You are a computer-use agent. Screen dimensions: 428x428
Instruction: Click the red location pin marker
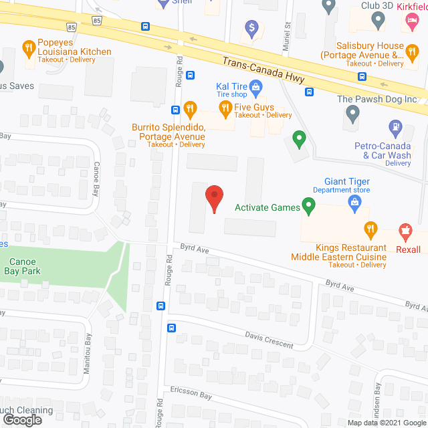click(x=213, y=199)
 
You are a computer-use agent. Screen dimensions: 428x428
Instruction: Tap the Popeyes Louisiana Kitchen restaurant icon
click(x=28, y=47)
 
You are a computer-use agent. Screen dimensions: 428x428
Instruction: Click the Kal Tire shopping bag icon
click(x=255, y=86)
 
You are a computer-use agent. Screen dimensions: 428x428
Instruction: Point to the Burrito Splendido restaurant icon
click(x=190, y=109)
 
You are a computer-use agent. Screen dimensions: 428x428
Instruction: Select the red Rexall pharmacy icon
click(x=405, y=232)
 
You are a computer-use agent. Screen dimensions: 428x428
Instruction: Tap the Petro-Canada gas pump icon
click(x=395, y=126)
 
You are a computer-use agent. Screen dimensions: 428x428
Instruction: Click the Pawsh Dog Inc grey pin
click(x=352, y=117)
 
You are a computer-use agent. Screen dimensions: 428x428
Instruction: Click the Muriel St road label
click(x=286, y=33)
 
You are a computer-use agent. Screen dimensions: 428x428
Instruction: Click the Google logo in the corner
click(x=22, y=420)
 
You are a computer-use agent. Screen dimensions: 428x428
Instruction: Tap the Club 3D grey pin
click(x=378, y=21)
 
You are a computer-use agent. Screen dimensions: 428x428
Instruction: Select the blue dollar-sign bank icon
click(x=252, y=27)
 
